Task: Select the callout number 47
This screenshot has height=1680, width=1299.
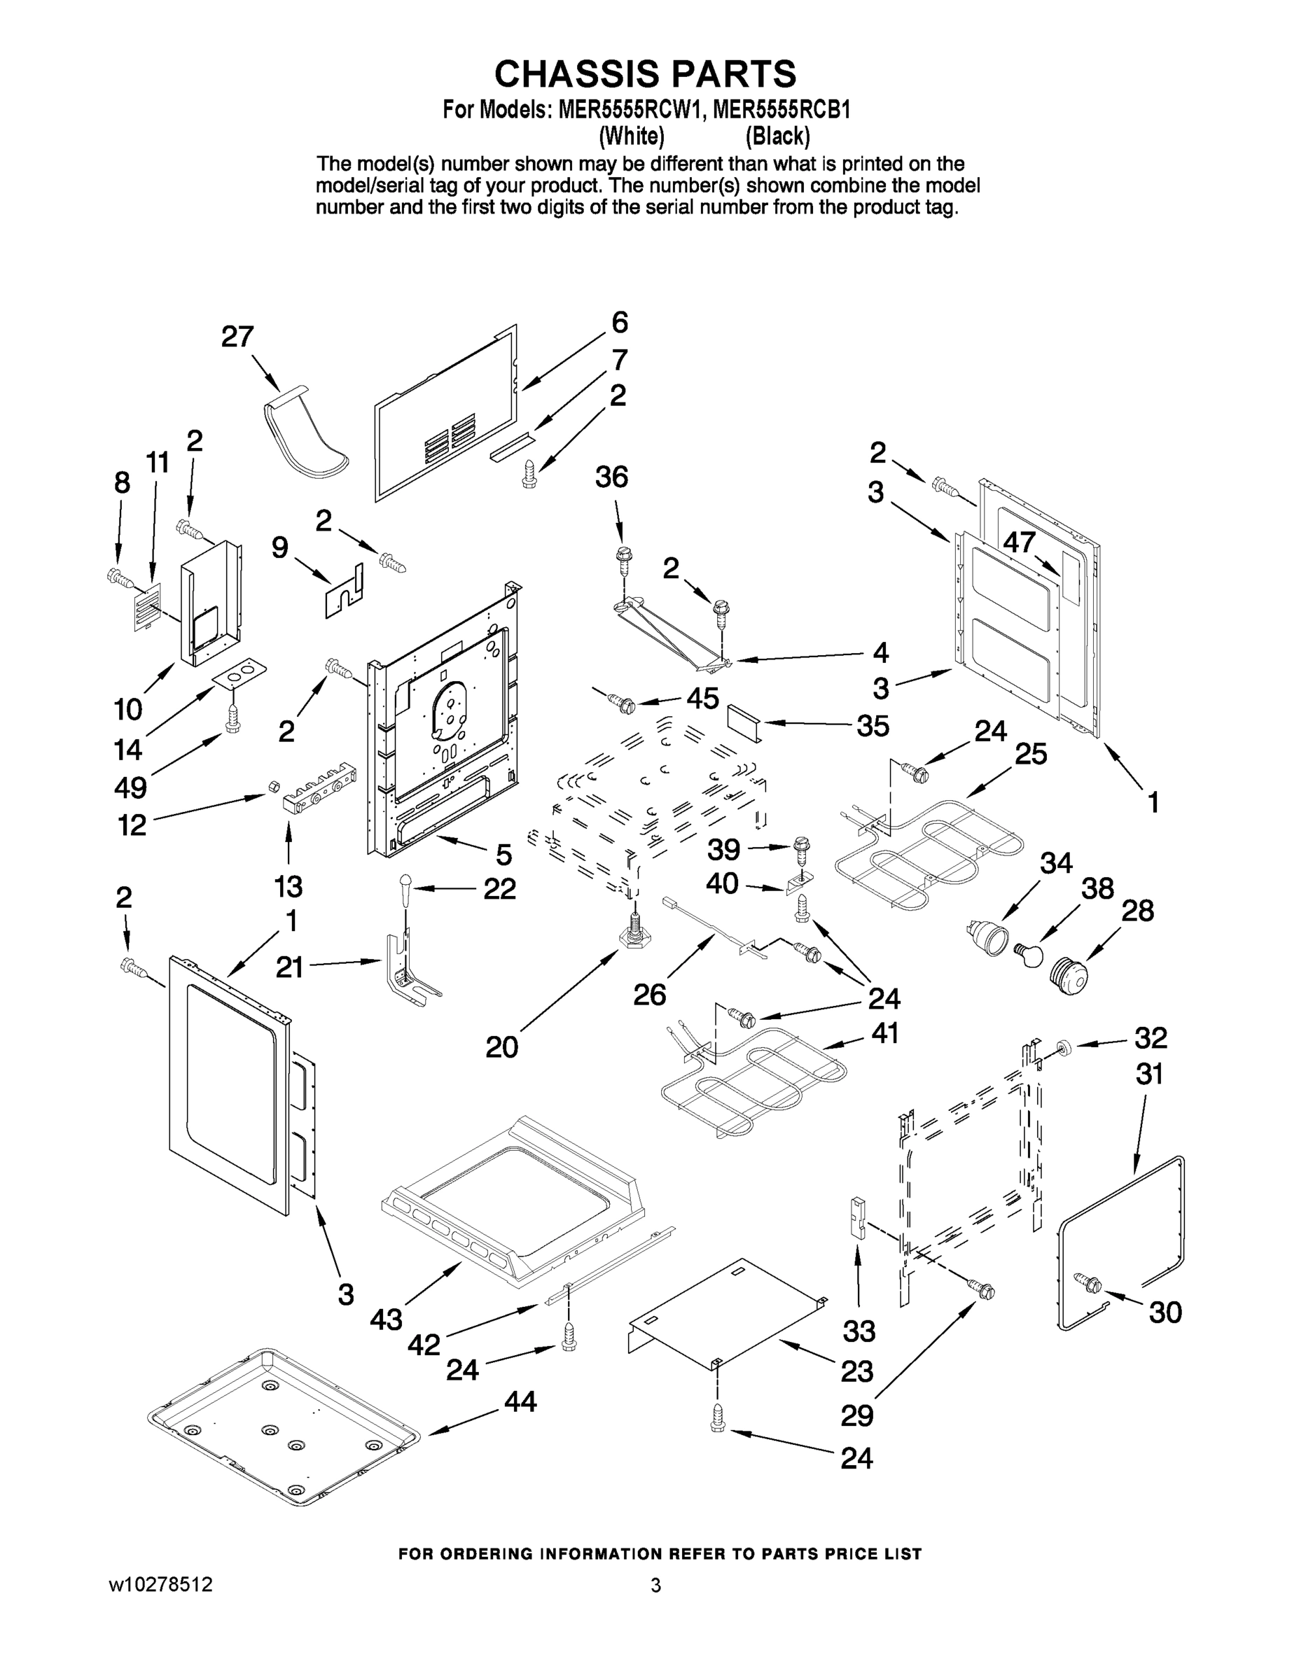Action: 1019,542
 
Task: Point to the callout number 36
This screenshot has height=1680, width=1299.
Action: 611,477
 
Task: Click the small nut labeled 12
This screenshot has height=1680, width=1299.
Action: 272,785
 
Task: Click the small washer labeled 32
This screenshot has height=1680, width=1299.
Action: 1065,1046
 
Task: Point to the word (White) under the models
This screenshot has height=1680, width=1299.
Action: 631,136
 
